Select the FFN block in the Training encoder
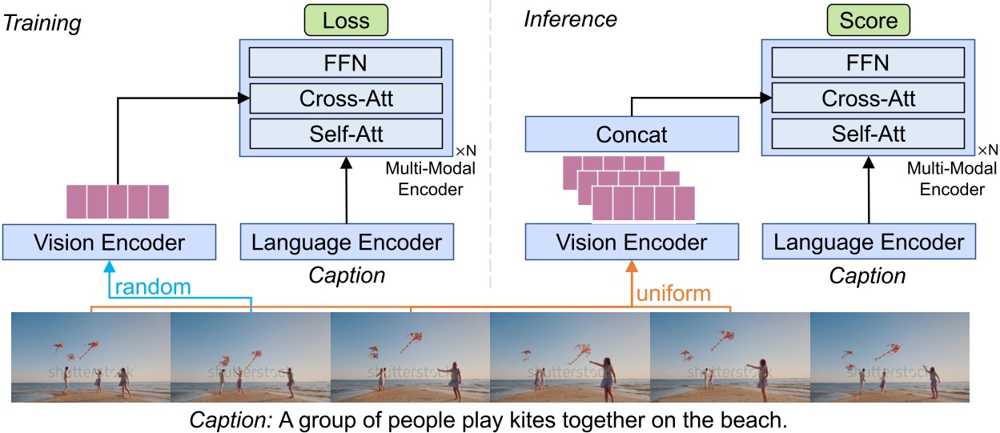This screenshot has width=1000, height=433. pyautogui.click(x=345, y=62)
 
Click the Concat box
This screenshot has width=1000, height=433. pyautogui.click(x=632, y=134)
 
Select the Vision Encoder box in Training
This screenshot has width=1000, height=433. pyautogui.click(x=110, y=242)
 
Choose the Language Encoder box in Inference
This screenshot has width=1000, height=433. pyautogui.click(x=868, y=242)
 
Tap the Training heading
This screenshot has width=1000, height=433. pyautogui.click(x=42, y=23)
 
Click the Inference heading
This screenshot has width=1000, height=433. pyautogui.click(x=571, y=18)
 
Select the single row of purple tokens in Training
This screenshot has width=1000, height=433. pyautogui.click(x=118, y=201)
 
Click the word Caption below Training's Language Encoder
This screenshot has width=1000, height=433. pyautogui.click(x=347, y=276)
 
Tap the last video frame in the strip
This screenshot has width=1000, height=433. pyautogui.click(x=890, y=357)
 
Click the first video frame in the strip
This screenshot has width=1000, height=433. pyautogui.click(x=91, y=357)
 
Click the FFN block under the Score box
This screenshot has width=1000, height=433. pyautogui.click(x=869, y=62)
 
